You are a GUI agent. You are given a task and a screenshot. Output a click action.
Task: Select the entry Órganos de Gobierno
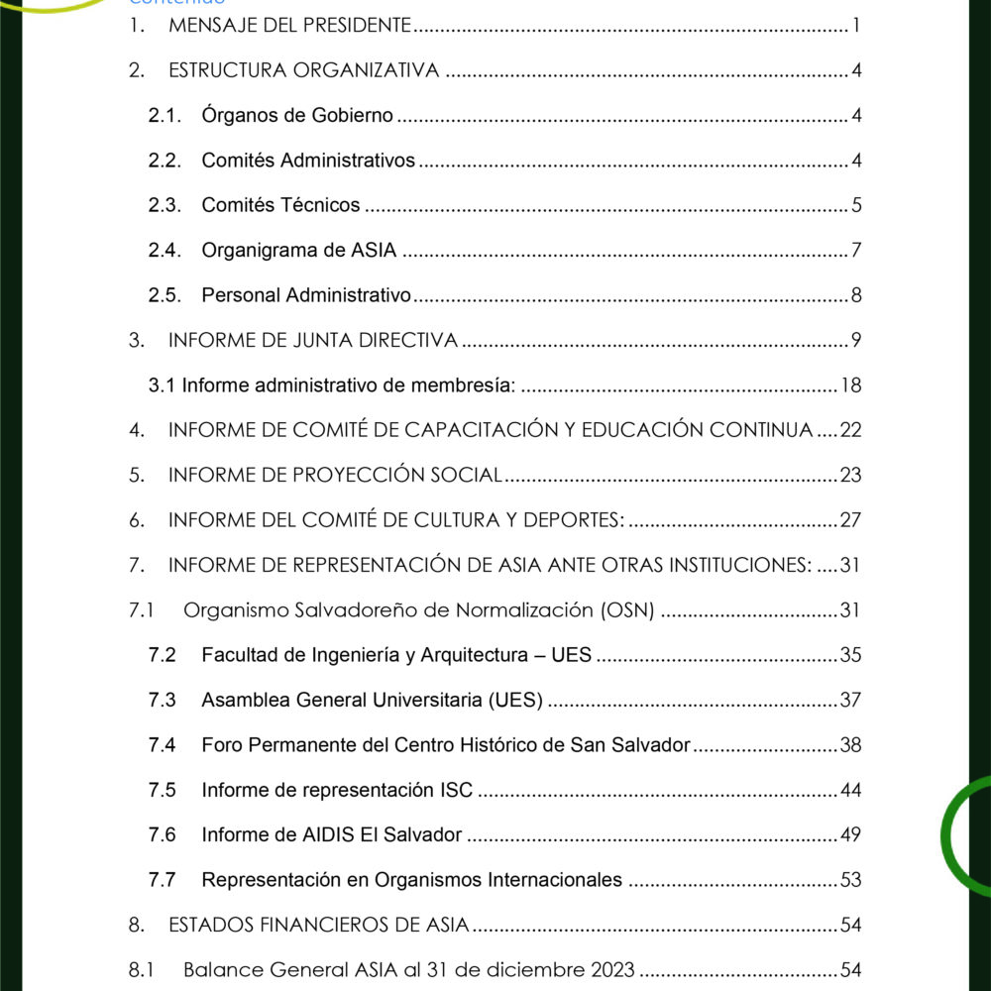click(296, 116)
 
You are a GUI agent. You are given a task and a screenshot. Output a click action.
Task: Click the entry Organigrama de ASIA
click(298, 251)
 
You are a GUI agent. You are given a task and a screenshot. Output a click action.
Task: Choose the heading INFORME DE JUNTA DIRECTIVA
click(312, 341)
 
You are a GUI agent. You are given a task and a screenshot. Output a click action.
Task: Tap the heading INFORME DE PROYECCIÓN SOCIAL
click(335, 475)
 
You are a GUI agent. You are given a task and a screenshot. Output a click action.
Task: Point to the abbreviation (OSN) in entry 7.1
click(627, 609)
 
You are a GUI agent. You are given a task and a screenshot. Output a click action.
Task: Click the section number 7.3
click(163, 700)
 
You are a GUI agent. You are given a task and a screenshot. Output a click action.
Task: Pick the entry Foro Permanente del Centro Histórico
click(445, 744)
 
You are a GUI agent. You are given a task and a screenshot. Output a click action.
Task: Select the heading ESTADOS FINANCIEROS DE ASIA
click(318, 926)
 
